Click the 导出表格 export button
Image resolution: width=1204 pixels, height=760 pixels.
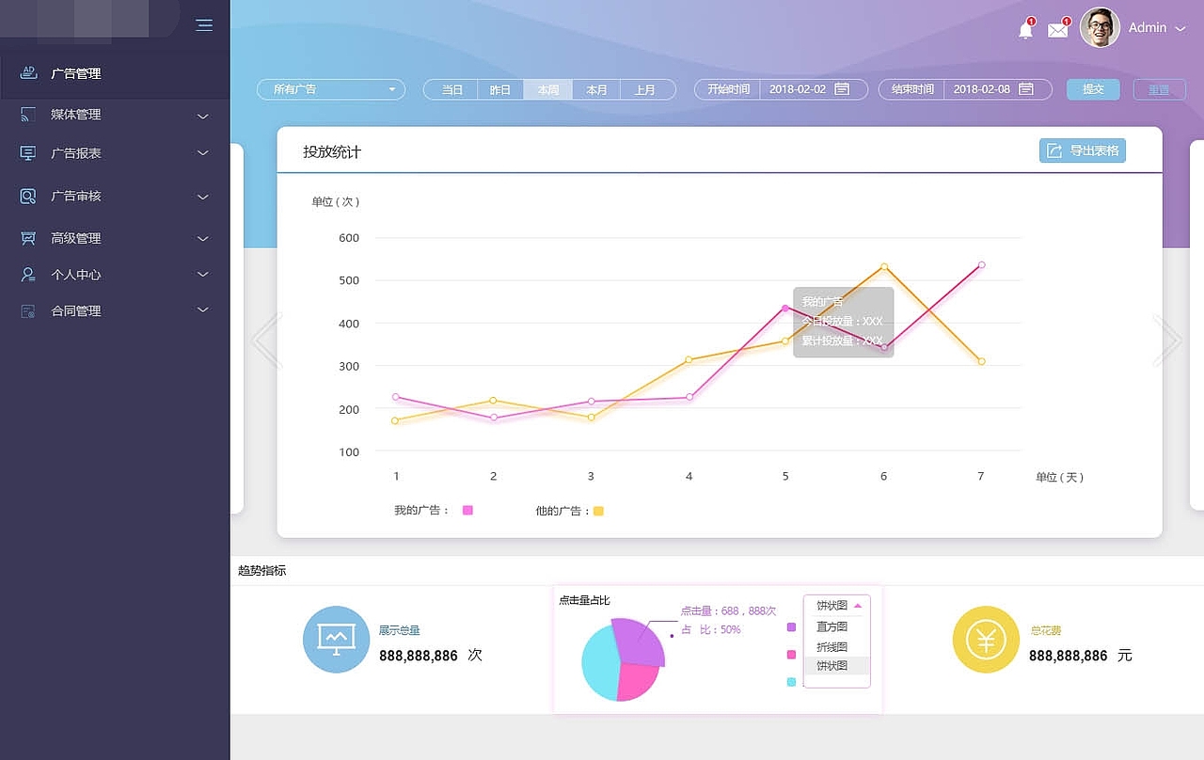pos(1082,150)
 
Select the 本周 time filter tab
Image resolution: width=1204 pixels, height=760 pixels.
pos(548,89)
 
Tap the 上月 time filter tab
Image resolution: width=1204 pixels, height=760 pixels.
pos(645,89)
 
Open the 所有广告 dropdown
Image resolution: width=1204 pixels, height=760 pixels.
pos(330,89)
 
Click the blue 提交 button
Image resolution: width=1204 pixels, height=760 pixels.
pos(1093,89)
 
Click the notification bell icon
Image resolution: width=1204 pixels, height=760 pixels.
pos(1025,30)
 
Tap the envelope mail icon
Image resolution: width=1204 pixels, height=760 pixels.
pos(1058,30)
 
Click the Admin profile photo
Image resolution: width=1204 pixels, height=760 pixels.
pos(1100,27)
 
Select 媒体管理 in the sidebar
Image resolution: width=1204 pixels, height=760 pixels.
pos(76,115)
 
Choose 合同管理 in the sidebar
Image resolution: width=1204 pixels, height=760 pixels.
pos(76,310)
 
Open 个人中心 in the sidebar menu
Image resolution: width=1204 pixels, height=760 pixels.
pos(76,275)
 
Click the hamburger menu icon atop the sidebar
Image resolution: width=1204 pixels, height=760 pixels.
pos(204,25)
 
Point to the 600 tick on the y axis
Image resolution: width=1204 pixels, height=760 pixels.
pos(349,238)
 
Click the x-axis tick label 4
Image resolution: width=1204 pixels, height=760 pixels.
pos(689,477)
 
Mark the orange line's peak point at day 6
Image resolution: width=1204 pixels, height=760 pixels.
pos(884,267)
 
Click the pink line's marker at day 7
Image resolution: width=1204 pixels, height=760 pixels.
pos(981,265)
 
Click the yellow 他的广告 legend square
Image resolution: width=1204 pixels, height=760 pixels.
pos(598,511)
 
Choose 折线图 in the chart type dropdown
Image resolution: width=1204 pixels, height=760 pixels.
pos(832,647)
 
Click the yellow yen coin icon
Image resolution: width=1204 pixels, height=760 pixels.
pos(986,640)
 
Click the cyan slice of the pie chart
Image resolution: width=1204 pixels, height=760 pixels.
pos(599,663)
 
